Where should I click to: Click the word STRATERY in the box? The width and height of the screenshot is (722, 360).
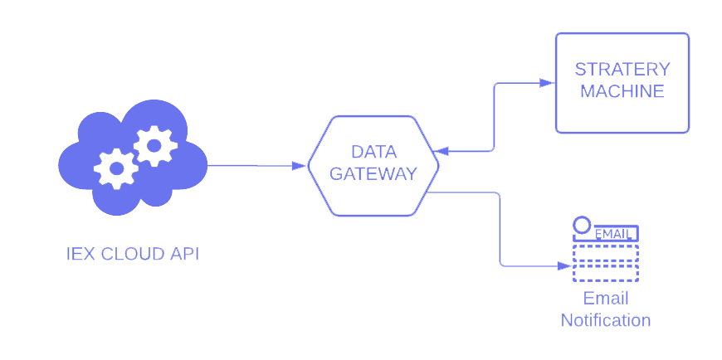tap(622, 70)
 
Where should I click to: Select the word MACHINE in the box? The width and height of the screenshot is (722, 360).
tap(622, 91)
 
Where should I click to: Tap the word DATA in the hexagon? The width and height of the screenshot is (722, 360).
tap(373, 152)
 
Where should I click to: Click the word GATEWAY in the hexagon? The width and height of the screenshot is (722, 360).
tap(373, 174)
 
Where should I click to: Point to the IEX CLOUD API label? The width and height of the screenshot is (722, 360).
tap(133, 254)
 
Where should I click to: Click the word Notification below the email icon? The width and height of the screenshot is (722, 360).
tap(606, 320)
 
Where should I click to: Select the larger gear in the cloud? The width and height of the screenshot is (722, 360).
tap(116, 168)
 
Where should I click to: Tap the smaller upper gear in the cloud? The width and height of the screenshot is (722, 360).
tap(155, 146)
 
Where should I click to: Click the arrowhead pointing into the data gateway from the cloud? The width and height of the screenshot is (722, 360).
tap(299, 166)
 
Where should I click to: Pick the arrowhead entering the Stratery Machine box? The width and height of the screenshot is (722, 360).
tap(548, 83)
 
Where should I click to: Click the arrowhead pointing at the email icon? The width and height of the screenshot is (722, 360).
tap(564, 265)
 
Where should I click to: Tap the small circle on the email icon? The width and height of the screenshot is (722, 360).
tap(582, 225)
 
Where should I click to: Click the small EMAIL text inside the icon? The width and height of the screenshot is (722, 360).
tap(612, 234)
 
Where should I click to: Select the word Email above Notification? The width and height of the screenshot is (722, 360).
tap(606, 299)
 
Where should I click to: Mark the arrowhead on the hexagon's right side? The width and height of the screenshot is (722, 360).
tap(441, 151)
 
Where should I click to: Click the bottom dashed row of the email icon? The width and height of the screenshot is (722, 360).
tap(606, 274)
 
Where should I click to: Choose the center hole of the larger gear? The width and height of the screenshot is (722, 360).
tap(116, 168)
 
